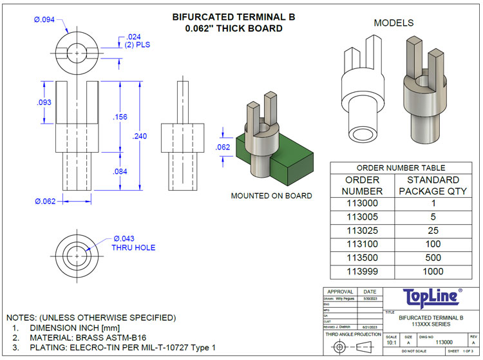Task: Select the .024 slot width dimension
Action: [x=133, y=37]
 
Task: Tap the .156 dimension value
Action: [x=120, y=117]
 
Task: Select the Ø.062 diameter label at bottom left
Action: [x=46, y=201]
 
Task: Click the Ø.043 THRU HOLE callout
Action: [x=134, y=242]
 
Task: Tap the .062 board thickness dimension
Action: [x=222, y=147]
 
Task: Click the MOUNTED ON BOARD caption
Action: [x=271, y=196]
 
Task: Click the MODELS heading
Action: [x=393, y=23]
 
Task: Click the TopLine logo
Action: [x=431, y=297]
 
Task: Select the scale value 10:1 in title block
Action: [x=391, y=343]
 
